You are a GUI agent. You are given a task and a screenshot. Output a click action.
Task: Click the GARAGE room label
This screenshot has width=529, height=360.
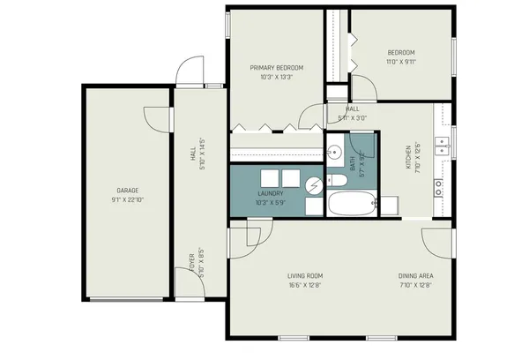pyautogui.click(x=128, y=190)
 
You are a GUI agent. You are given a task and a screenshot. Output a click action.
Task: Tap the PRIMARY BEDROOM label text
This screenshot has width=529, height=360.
pyautogui.click(x=276, y=68)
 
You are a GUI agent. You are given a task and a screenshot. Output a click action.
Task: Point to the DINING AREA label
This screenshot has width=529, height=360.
pyautogui.click(x=415, y=275)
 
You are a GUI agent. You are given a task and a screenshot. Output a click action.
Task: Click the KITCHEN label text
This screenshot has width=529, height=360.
pyautogui.click(x=408, y=157)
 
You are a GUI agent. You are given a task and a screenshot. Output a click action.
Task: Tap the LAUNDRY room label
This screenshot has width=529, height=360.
pyautogui.click(x=270, y=193)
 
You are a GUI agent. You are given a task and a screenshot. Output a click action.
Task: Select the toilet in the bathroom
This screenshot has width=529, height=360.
pyautogui.click(x=336, y=182)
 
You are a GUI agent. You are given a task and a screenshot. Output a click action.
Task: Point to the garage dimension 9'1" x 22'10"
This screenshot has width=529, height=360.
pyautogui.click(x=128, y=199)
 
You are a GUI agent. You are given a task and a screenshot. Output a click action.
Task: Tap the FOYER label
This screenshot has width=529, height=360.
pyautogui.click(x=191, y=263)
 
